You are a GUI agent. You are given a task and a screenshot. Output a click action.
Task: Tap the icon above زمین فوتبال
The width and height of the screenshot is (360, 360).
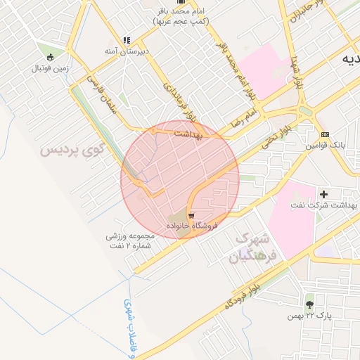49,57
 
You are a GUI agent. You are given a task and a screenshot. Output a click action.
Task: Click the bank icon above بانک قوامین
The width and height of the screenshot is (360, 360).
324,134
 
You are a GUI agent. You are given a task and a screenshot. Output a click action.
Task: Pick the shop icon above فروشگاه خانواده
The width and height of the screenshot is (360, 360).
192,215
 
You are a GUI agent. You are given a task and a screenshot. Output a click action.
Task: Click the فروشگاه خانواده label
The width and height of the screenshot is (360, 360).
193,226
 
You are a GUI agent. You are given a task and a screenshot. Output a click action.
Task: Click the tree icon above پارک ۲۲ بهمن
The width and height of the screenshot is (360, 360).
309,304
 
